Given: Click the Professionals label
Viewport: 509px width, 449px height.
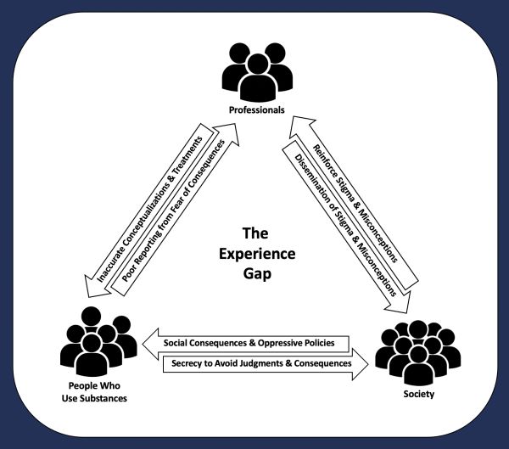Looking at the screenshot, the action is pos(256,110).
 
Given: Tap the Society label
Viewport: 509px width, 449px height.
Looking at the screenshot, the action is pos(419,394).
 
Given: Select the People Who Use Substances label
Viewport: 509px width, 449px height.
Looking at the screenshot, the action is pos(94,392).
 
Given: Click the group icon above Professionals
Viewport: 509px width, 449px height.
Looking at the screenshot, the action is pos(257,72).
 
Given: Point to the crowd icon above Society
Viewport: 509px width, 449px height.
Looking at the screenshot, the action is pos(418,353).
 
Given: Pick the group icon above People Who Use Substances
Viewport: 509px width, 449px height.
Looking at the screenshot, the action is pos(98,341).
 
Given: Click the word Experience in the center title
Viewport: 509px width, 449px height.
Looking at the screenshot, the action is pos(257,254).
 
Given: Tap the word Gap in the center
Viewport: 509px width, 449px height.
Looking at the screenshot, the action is pos(257,273).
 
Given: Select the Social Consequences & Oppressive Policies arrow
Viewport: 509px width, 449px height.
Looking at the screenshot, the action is pos(246,344).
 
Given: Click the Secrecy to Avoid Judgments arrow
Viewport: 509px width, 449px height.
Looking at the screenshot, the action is pos(266,364).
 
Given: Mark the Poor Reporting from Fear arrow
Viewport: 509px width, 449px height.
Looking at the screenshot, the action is pos(175,210).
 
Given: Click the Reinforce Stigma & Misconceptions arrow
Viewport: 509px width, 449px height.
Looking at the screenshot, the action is pos(354,203).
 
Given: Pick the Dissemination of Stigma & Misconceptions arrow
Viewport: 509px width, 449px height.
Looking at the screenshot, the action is pos(347,227).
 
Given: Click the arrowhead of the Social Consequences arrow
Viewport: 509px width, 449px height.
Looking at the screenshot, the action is pos(151,344).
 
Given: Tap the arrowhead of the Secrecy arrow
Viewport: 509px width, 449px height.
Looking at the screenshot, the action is pos(361,364).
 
